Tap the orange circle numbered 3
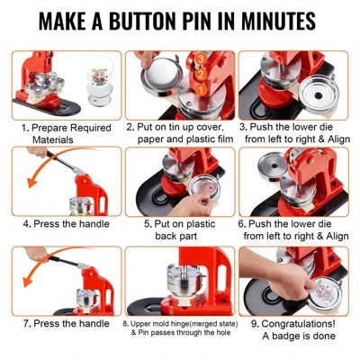pos(201,58)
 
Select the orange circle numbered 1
pos(201,89)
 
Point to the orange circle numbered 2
pos(201,74)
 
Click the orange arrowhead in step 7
pos(29,281)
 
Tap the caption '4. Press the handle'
pos(67,224)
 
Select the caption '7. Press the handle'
pos(67,323)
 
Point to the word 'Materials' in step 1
pos(53,139)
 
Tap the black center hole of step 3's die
pos(317,95)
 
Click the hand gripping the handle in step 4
pos(37,152)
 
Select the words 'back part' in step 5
pos(176,236)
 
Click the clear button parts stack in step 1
pos(99,80)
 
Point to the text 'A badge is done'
pos(299,336)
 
